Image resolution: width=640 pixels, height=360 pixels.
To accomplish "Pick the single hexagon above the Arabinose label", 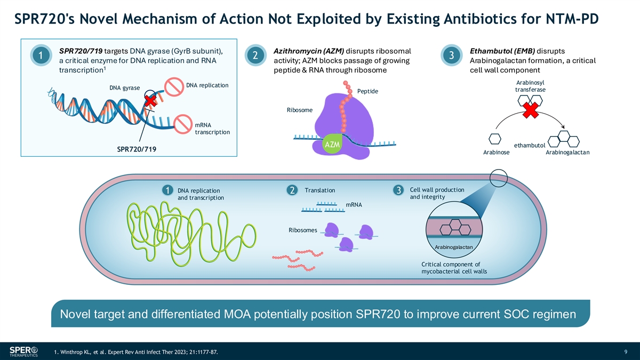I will coord(495,138).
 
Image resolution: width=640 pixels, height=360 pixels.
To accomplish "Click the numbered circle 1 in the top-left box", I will coord(41,55).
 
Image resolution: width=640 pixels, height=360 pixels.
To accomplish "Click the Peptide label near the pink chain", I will coord(367,92).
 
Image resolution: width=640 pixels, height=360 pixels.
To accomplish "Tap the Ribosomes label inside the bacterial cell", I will coord(302,230).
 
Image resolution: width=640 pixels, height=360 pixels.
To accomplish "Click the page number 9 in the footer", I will coord(625,351).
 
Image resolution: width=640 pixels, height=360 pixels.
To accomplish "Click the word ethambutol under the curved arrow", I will coord(529,145).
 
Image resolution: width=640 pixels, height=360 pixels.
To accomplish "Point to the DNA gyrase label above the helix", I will coord(124,87).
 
